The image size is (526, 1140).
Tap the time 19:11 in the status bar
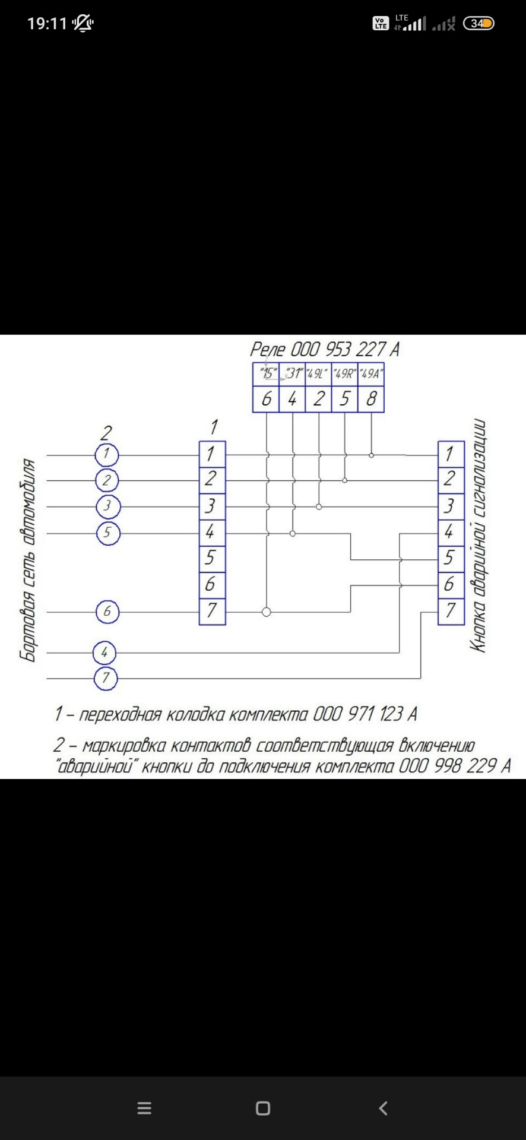click(x=47, y=24)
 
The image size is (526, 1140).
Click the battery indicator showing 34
click(x=479, y=24)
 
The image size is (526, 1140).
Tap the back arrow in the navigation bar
click(x=383, y=1108)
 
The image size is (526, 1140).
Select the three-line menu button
click(x=144, y=1108)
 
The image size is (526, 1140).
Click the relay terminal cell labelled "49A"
click(x=371, y=374)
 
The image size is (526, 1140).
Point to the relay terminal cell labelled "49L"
click(x=318, y=374)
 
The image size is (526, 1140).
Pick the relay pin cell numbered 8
click(x=371, y=399)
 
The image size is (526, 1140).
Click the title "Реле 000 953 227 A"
click(x=324, y=349)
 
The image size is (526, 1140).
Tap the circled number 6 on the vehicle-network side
click(x=107, y=612)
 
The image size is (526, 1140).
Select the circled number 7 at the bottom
click(x=106, y=678)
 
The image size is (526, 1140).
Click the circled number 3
click(x=107, y=506)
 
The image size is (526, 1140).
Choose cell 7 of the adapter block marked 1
click(x=212, y=611)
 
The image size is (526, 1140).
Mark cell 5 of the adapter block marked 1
click(x=212, y=559)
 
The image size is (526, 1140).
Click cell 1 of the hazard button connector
click(x=451, y=454)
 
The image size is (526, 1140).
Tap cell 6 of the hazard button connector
click(x=451, y=585)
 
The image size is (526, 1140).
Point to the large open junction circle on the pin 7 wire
click(x=267, y=612)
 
